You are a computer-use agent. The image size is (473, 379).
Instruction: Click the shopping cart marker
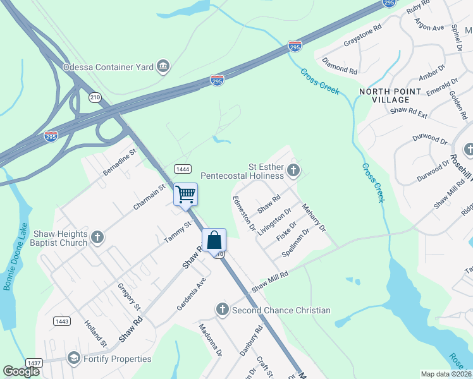[x=186, y=193]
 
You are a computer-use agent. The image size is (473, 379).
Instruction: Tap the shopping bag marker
[x=214, y=240]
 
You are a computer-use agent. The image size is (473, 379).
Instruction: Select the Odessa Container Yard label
[x=108, y=66]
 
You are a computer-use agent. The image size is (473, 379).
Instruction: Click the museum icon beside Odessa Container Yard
[x=164, y=66]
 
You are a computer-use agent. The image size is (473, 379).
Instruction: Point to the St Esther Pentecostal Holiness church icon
[x=293, y=169]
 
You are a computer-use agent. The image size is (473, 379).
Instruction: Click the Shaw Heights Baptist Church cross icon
[x=97, y=237]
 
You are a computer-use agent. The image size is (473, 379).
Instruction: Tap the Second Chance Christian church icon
[x=222, y=310]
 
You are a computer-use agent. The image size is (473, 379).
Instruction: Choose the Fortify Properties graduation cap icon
[x=74, y=359]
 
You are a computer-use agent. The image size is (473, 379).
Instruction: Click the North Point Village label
[x=390, y=95]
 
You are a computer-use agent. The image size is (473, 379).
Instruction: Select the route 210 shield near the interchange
[x=95, y=97]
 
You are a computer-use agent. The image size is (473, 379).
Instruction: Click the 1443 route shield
[x=61, y=321]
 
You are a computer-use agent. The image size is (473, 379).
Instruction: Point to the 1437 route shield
[x=34, y=363]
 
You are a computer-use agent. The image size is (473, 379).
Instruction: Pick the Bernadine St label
[x=120, y=163]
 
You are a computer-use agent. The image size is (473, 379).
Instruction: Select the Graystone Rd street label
[x=362, y=37]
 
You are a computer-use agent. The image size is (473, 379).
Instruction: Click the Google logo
[x=21, y=371]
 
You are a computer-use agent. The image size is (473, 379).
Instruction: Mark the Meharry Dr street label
[x=314, y=217]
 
